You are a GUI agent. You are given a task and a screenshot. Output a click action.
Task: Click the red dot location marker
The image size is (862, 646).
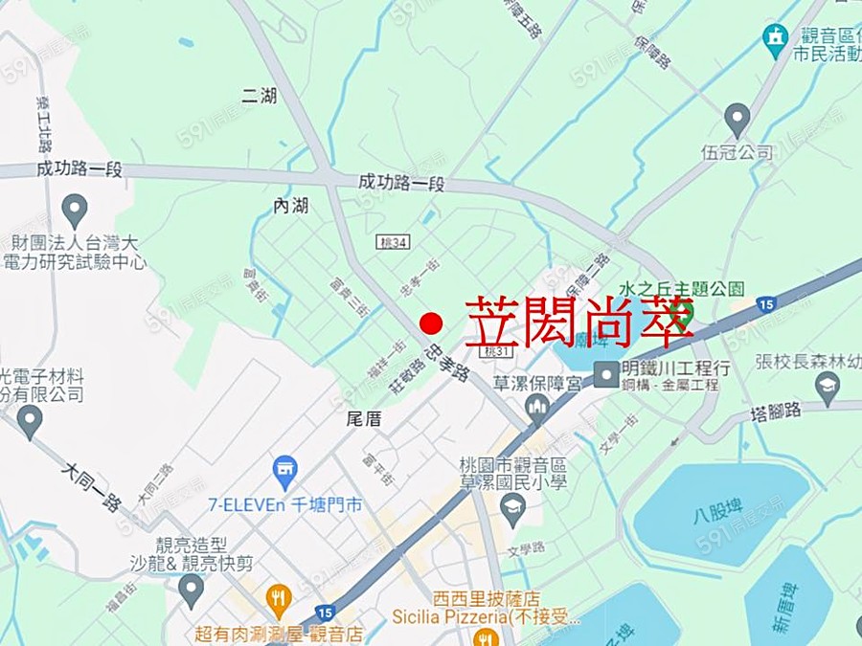click(431, 323)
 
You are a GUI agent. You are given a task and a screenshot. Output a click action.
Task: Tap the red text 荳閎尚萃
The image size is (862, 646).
click(578, 323)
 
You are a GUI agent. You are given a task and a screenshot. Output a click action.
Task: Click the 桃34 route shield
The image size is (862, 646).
click(393, 242)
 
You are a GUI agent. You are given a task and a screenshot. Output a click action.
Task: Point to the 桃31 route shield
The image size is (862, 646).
click(496, 353)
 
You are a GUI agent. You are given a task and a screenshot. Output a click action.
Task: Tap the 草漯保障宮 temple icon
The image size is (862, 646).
click(538, 411)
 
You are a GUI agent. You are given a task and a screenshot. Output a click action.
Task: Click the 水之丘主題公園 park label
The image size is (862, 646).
click(681, 288)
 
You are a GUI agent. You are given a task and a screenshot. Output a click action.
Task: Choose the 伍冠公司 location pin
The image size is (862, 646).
click(737, 122)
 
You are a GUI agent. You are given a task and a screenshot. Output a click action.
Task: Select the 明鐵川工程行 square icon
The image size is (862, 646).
click(606, 373)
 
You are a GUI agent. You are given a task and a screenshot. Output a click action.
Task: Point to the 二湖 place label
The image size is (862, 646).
click(260, 95)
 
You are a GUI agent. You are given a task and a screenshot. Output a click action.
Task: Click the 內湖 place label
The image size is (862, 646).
click(291, 206)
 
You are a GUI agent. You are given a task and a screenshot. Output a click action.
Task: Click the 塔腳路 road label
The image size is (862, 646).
click(777, 412)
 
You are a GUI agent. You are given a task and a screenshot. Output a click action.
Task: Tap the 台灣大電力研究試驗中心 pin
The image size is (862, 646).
click(74, 211)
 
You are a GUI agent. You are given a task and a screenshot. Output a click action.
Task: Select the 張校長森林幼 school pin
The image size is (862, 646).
click(828, 388)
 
